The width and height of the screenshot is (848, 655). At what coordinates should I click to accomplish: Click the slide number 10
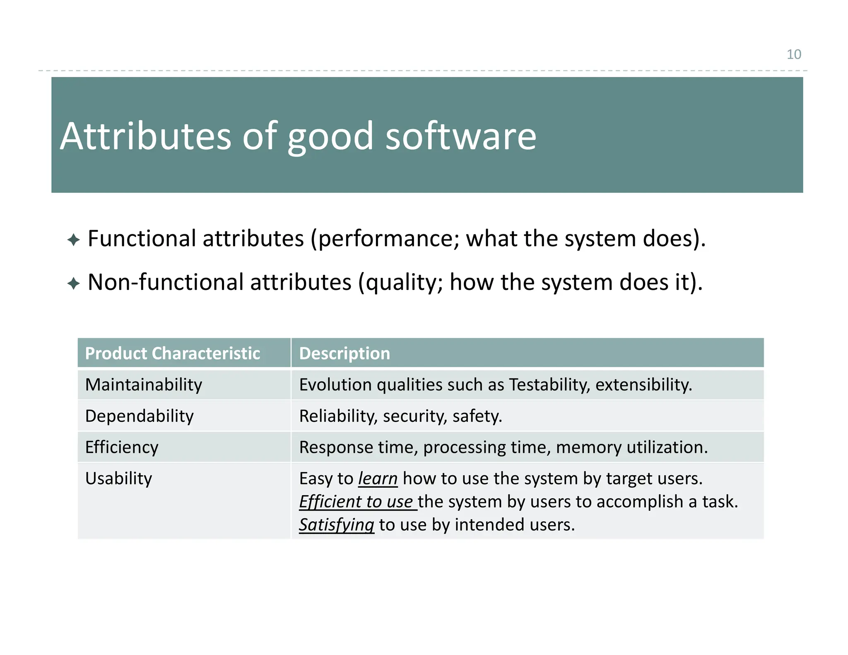click(793, 54)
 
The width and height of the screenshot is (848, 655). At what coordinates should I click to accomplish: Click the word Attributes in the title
click(145, 136)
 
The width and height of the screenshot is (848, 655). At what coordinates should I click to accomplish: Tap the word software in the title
click(460, 136)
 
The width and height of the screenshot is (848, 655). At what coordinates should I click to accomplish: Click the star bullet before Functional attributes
click(73, 240)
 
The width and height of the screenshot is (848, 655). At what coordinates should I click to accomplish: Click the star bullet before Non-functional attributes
click(73, 284)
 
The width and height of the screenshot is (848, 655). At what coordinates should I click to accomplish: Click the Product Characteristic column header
click(172, 353)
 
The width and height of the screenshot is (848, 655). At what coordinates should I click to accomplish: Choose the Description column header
click(344, 353)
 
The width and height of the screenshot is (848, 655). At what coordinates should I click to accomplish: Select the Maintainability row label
click(144, 385)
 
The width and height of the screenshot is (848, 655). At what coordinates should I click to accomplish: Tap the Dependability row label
click(139, 416)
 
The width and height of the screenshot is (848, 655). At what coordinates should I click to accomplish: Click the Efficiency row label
click(122, 447)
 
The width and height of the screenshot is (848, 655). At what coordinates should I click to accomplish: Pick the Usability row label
click(118, 478)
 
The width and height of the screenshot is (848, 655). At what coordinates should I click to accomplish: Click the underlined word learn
click(378, 479)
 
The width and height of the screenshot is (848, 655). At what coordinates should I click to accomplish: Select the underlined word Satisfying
click(336, 525)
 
